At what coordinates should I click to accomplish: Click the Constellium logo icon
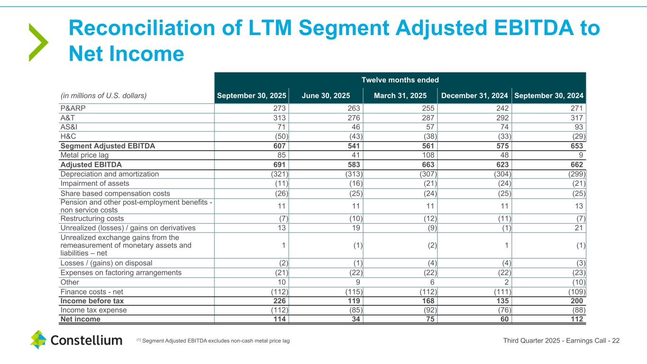pyautogui.click(x=38, y=339)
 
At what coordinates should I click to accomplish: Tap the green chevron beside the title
pyautogui.click(x=38, y=42)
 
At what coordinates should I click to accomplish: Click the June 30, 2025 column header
pyautogui.click(x=325, y=95)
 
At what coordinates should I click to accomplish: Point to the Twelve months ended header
pyautogui.click(x=400, y=80)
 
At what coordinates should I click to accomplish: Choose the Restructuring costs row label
pyautogui.click(x=92, y=218)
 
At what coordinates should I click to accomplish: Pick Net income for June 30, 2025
pyautogui.click(x=357, y=319)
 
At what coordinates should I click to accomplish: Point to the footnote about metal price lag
pyautogui.click(x=213, y=341)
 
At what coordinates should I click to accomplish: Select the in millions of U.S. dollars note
pyautogui.click(x=103, y=95)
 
